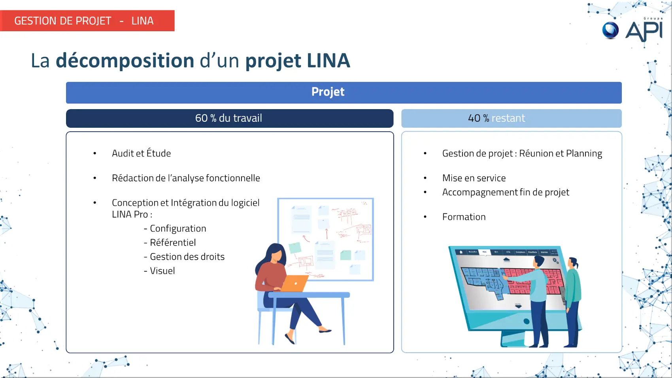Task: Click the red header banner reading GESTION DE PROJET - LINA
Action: pos(87,21)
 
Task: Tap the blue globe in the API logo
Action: pos(610,30)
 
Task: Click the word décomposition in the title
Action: pos(125,60)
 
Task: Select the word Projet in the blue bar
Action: pos(328,92)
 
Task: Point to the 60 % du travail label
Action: pos(228,118)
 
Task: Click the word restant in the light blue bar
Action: pos(508,118)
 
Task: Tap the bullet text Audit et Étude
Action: pos(141,153)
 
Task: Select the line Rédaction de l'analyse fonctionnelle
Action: pos(186,178)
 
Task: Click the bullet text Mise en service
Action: pos(474,178)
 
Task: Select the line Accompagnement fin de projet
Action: pos(506,192)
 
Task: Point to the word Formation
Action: pos(464,217)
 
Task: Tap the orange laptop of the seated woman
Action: pos(294,283)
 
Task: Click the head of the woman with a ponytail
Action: pos(574,263)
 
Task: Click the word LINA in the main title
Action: pos(328,60)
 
